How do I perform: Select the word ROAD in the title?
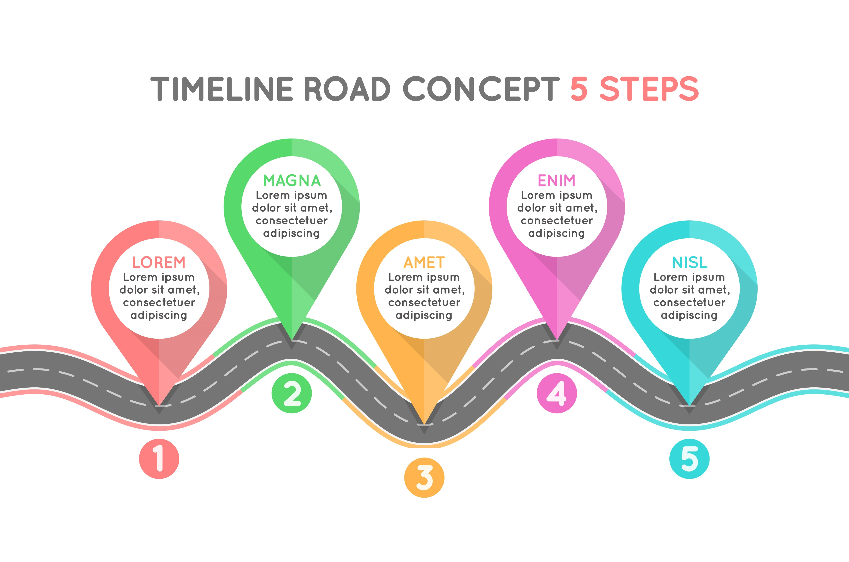[347, 89]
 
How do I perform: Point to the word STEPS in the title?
[649, 89]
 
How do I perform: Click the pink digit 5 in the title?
[579, 89]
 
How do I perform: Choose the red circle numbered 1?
[159, 459]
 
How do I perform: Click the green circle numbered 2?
[292, 393]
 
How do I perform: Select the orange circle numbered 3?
[424, 477]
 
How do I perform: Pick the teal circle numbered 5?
[689, 459]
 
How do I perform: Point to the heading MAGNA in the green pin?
[292, 181]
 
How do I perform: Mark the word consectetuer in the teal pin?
[689, 302]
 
